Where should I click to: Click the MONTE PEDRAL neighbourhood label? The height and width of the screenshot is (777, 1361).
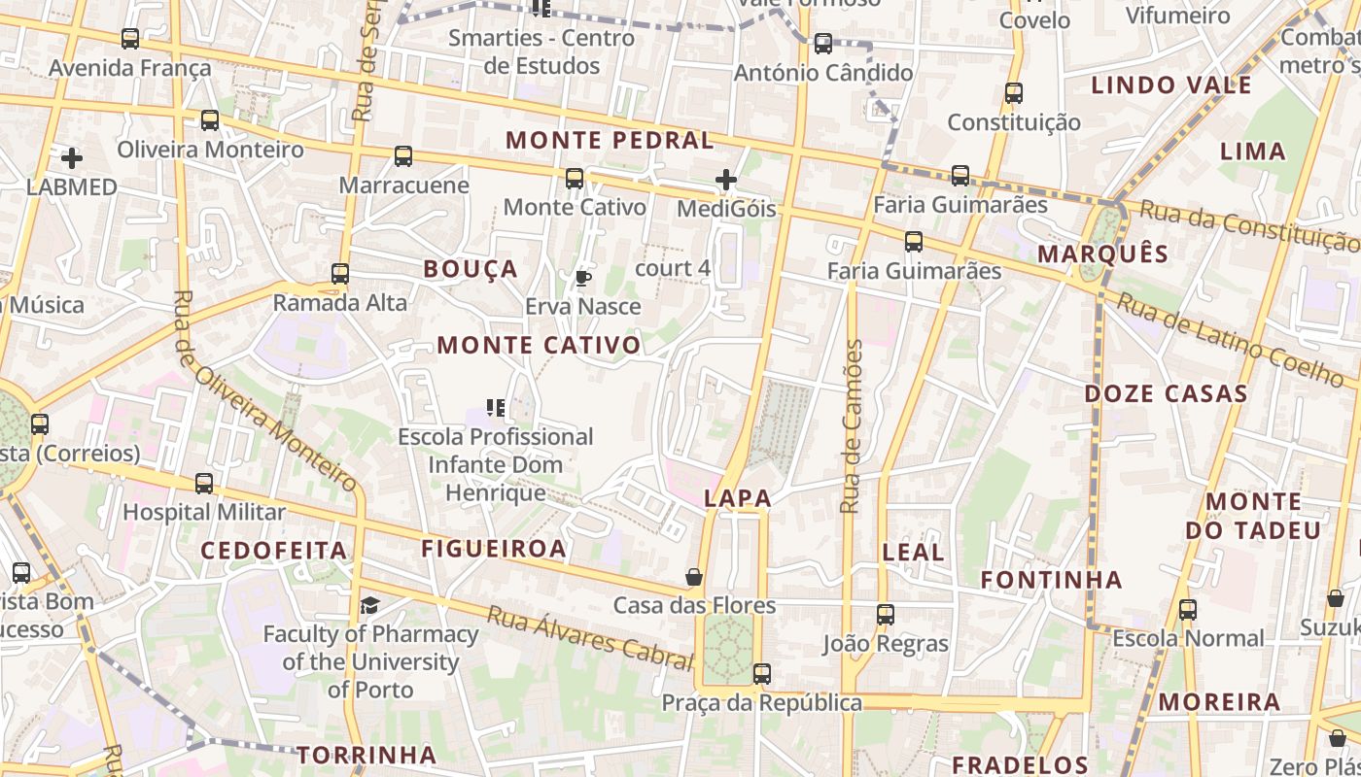(610, 140)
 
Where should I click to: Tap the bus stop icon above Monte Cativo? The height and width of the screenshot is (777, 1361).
(575, 179)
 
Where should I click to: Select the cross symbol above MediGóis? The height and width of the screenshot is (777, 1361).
(726, 180)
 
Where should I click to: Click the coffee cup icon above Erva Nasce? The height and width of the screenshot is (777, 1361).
(582, 279)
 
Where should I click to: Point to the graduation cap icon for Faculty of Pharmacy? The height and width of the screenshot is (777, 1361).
(369, 607)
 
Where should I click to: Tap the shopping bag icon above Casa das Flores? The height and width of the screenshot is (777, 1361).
(694, 578)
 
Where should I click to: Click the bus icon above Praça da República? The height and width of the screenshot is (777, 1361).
(761, 673)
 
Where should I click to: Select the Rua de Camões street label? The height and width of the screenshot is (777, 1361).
(852, 426)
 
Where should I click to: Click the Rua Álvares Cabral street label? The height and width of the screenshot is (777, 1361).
(589, 638)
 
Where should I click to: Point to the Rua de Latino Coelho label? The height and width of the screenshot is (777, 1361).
(1229, 337)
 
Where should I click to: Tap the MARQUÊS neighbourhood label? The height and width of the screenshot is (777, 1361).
(1102, 254)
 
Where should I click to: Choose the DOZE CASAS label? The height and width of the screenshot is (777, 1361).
(1166, 393)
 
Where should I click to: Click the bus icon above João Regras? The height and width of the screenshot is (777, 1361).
(885, 615)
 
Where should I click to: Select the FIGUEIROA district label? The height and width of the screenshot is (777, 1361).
(493, 549)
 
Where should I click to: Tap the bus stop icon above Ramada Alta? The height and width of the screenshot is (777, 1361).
(339, 274)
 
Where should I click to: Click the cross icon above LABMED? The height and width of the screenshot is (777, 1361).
(71, 157)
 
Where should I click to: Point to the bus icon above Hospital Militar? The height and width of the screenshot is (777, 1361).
(204, 483)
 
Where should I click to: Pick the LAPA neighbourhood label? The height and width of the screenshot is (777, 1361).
(737, 499)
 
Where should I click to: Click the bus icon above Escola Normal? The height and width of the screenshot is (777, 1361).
(1187, 610)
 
